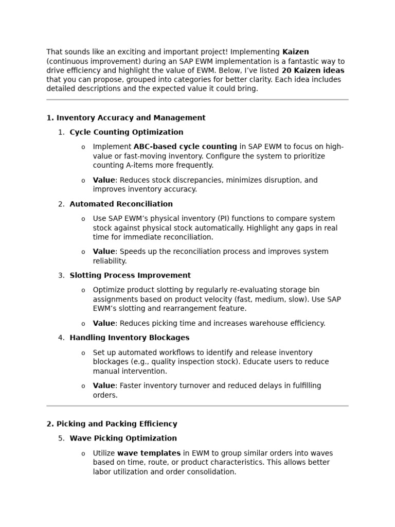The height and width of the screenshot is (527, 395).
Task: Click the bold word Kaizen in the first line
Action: (295, 52)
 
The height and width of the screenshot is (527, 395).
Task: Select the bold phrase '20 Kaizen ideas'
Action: (313, 71)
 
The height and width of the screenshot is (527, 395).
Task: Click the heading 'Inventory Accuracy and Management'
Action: (131, 118)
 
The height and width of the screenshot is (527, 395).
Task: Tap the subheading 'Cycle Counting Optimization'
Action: (126, 132)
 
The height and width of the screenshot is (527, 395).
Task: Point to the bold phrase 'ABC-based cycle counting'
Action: (185, 147)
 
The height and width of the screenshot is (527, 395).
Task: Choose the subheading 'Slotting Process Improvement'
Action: (130, 276)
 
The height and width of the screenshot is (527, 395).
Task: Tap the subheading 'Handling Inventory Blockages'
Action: (129, 338)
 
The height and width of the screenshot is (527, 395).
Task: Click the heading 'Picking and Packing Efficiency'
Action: (117, 424)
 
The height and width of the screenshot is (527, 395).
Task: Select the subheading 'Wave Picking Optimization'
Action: (123, 438)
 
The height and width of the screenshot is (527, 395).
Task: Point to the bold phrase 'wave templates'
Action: (149, 453)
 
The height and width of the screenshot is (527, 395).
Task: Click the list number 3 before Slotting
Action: (61, 276)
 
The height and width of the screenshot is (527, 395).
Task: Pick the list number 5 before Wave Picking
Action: (61, 438)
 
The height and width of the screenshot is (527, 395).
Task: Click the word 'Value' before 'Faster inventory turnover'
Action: (104, 386)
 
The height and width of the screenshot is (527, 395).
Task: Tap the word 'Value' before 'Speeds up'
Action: (104, 252)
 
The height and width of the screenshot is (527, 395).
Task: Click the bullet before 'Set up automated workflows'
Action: (83, 353)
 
